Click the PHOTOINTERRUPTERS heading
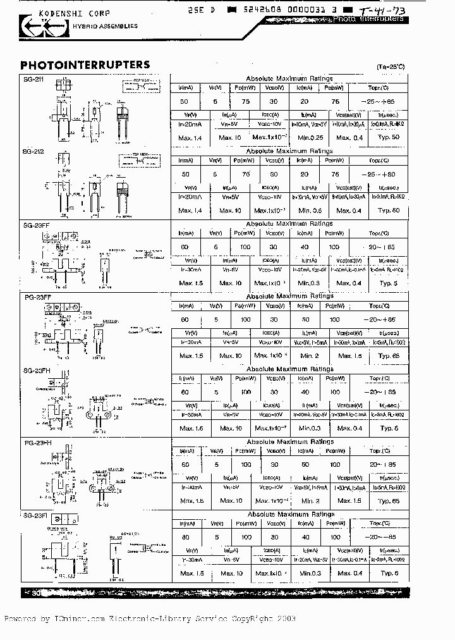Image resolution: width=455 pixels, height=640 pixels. point(85,65)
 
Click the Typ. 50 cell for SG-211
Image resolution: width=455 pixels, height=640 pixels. point(389,137)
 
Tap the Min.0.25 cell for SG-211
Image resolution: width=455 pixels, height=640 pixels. point(310,137)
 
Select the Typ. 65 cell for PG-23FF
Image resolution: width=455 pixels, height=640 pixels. point(389,355)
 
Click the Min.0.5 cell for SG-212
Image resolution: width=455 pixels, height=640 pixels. point(310,210)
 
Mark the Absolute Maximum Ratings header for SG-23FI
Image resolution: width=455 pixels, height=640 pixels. point(290,514)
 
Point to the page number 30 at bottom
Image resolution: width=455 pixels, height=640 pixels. point(35,593)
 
